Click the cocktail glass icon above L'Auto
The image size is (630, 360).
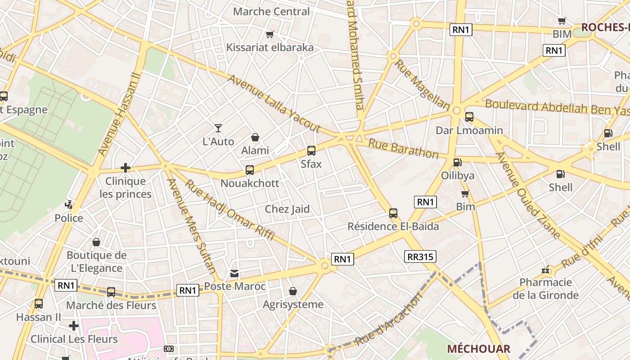(218, 128)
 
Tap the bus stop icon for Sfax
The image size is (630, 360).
(311, 151)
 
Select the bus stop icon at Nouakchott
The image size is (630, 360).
(250, 170)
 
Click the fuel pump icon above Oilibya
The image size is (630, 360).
(458, 162)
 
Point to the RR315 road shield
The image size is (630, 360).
(420, 256)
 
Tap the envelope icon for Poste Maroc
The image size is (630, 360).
(234, 274)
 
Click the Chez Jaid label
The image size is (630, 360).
(287, 209)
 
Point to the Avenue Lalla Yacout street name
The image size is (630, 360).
(274, 104)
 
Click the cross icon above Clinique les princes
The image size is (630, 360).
(126, 168)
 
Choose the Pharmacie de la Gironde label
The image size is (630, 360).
(545, 289)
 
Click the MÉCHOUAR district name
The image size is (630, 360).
(478, 349)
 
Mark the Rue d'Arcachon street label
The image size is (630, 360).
(389, 319)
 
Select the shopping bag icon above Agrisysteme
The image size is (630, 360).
(293, 292)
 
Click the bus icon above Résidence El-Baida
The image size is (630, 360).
(393, 213)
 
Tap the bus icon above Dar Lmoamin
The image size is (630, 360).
(469, 117)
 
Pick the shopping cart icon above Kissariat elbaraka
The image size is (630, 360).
(270, 34)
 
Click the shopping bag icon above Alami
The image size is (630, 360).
(255, 137)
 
